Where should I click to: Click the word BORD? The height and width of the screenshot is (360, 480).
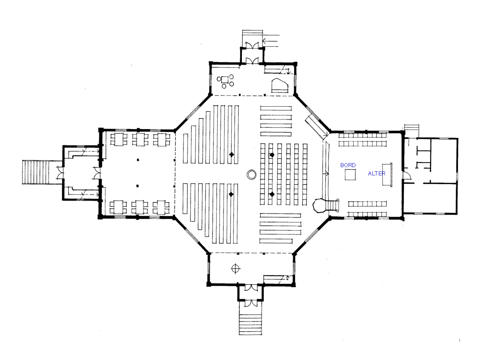coord(348,165)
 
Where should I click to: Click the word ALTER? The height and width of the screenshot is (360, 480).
coord(376,173)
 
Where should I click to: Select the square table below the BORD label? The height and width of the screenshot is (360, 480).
coord(350,175)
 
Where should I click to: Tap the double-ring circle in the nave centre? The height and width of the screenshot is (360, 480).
coord(251,175)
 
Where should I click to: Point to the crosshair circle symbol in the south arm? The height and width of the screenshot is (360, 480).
coord(235,268)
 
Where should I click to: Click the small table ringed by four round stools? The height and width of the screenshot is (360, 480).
coord(225,80)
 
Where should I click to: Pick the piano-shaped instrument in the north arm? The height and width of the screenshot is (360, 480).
coord(279,85)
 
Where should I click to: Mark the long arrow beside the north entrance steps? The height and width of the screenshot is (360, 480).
coord(271,40)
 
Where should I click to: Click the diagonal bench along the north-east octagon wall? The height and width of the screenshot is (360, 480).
coord(317,126)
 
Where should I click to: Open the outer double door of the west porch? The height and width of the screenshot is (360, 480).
coord(60,172)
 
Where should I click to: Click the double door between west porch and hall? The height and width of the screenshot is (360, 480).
coord(97,173)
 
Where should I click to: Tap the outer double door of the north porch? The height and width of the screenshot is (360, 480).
coord(252,46)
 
